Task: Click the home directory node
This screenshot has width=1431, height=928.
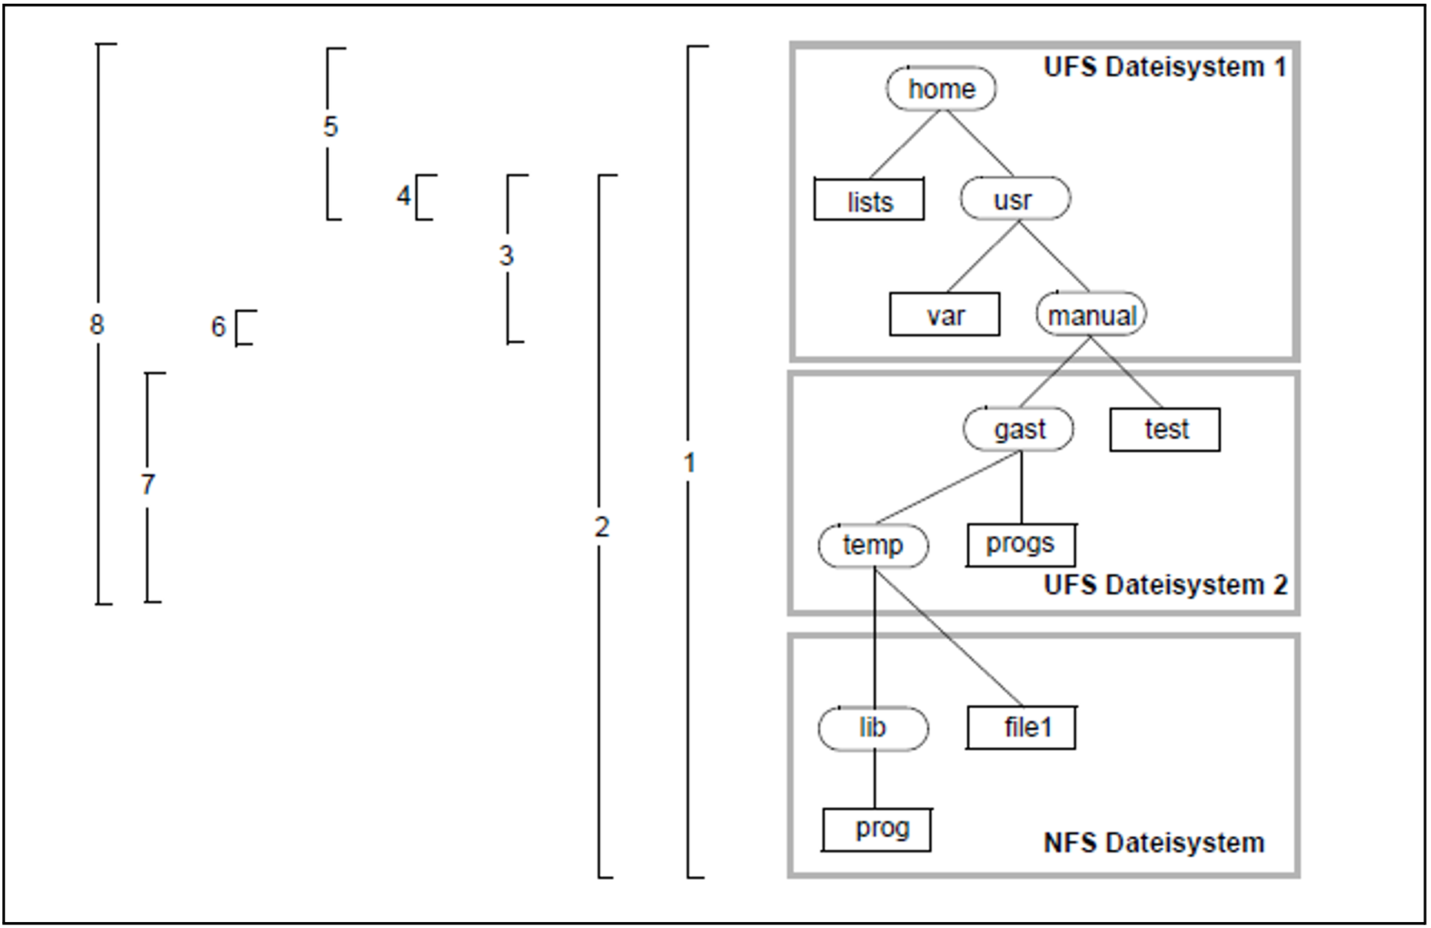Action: pyautogui.click(x=941, y=89)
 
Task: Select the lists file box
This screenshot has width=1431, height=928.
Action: pyautogui.click(x=869, y=199)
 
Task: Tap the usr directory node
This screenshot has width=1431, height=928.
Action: pyautogui.click(x=1015, y=199)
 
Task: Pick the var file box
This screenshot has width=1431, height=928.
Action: pyautogui.click(x=945, y=314)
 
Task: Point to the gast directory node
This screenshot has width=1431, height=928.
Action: pyautogui.click(x=1018, y=428)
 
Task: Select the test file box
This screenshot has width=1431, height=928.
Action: pyautogui.click(x=1165, y=429)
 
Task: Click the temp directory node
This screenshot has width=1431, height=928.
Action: pyautogui.click(x=873, y=546)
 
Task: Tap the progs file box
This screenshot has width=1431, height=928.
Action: pyautogui.click(x=1021, y=545)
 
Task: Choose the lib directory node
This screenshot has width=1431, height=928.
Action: pyautogui.click(x=873, y=728)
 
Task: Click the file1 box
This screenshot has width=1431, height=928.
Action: pyautogui.click(x=1021, y=727)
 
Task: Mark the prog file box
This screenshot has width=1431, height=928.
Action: pyautogui.click(x=876, y=829)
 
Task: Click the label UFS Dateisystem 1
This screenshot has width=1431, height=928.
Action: pyautogui.click(x=1165, y=67)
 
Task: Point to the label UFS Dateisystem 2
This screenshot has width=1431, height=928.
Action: pyautogui.click(x=1166, y=585)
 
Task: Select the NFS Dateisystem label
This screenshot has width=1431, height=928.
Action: pyautogui.click(x=1154, y=843)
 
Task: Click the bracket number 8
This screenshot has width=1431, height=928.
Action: pyautogui.click(x=97, y=325)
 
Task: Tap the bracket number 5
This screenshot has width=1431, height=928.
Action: pyautogui.click(x=331, y=127)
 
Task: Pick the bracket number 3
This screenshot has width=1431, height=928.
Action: pyautogui.click(x=506, y=256)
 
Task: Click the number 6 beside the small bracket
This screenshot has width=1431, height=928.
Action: pyautogui.click(x=218, y=326)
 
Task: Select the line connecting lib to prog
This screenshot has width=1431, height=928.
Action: pyautogui.click(x=874, y=779)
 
